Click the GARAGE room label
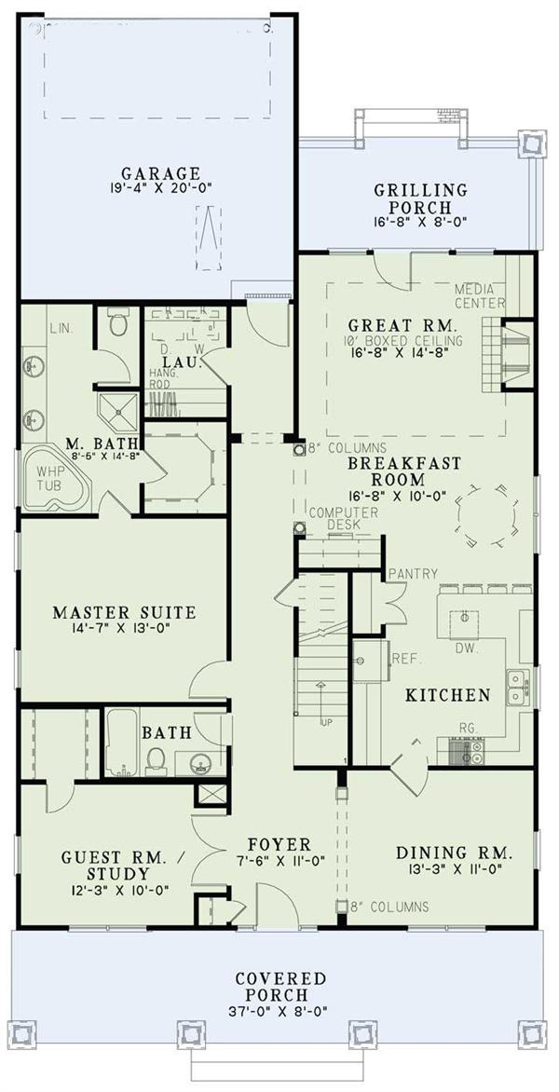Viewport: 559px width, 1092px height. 160,172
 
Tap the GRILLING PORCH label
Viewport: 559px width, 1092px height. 420,191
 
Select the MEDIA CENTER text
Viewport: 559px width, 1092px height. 479,296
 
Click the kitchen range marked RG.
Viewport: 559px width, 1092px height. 465,748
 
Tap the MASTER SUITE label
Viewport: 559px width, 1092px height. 124,613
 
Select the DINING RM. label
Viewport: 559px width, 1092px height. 455,853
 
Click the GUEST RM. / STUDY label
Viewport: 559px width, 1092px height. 104,865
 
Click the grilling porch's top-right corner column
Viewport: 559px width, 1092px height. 530,143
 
